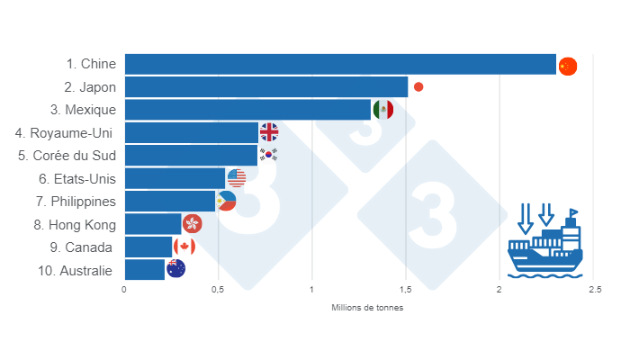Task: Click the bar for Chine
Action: click(x=340, y=64)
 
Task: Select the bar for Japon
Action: click(x=266, y=87)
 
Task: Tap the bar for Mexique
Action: click(x=247, y=110)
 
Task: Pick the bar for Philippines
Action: click(x=170, y=201)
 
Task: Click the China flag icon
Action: click(x=567, y=66)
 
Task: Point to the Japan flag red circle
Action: click(x=418, y=87)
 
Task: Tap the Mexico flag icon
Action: click(x=382, y=110)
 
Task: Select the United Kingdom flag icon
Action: click(x=269, y=132)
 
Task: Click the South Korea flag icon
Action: click(x=268, y=155)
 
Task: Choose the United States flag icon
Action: click(x=237, y=178)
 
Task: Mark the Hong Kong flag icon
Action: click(x=192, y=223)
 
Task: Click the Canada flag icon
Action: click(x=184, y=247)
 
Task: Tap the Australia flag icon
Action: click(x=175, y=269)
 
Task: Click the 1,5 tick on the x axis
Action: click(x=406, y=290)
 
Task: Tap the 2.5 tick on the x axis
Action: click(x=593, y=290)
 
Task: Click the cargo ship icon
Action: click(x=544, y=244)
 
